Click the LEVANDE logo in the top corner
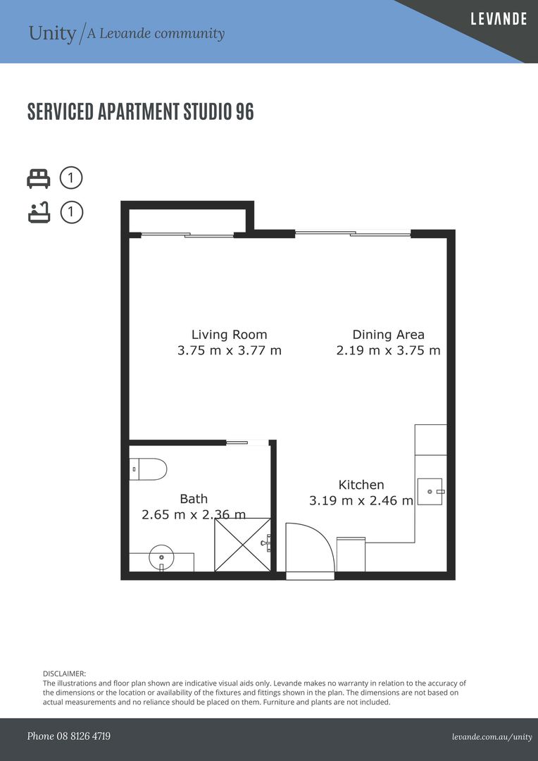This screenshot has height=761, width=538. [499, 19]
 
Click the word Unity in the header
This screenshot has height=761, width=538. [52, 34]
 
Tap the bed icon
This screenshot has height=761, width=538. [38, 178]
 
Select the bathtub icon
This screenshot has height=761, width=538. [39, 213]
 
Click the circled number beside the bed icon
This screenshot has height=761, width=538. [71, 178]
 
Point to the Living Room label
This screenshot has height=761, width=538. [229, 335]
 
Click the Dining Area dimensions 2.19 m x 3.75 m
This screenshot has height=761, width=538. [388, 350]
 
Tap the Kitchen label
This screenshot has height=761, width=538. [361, 485]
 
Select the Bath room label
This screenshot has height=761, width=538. [194, 499]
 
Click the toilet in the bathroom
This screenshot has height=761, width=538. [148, 469]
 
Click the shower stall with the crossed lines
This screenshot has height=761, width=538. [242, 545]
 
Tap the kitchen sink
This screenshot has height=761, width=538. [430, 492]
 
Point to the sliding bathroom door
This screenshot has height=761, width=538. [237, 442]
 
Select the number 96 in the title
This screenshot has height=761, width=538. [244, 111]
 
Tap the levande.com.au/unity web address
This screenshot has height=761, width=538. [492, 737]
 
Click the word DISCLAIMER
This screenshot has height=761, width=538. [65, 674]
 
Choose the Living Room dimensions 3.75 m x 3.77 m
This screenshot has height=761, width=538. [230, 350]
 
